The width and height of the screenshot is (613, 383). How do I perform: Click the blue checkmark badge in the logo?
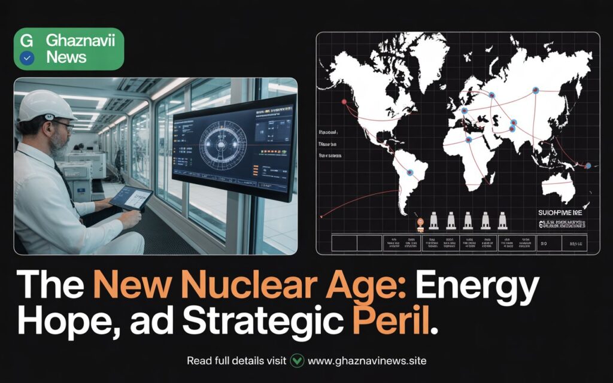tap(27, 58)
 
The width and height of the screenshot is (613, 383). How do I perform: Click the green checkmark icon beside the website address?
tap(297, 361)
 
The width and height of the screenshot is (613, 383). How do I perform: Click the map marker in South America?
tap(410, 172)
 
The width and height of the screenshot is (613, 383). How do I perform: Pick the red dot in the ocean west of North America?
tap(344, 102)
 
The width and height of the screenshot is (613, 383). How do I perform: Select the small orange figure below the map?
tap(420, 222)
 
